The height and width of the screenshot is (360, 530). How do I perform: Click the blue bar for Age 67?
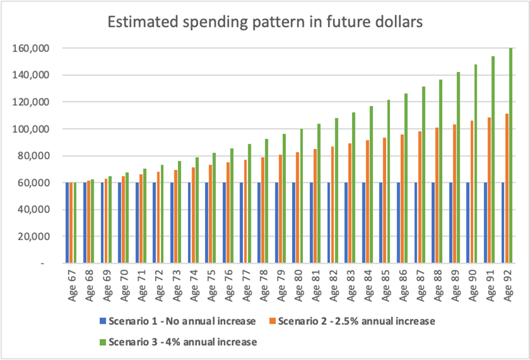pyautogui.click(x=67, y=223)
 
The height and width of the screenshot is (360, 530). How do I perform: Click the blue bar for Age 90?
pyautogui.click(x=468, y=223)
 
